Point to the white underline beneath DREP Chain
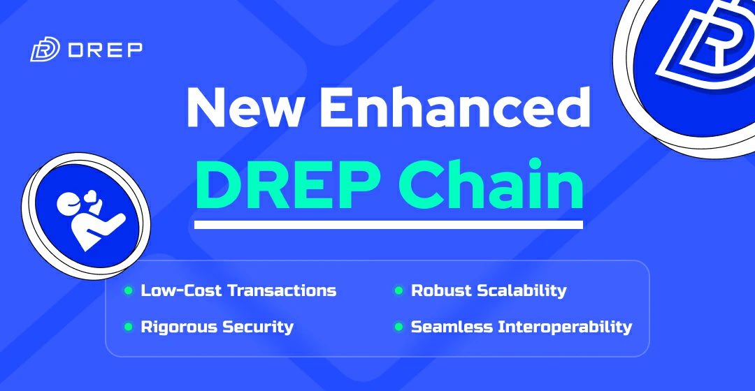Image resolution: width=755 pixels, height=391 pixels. coord(388,225)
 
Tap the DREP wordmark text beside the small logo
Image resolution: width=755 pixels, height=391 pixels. coord(106,50)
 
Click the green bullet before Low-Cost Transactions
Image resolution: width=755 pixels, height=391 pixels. coord(128,290)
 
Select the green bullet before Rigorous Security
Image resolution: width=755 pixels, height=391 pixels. coord(128,326)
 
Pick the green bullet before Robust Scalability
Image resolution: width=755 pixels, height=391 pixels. coord(398,290)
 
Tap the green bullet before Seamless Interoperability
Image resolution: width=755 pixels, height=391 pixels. coord(398,326)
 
